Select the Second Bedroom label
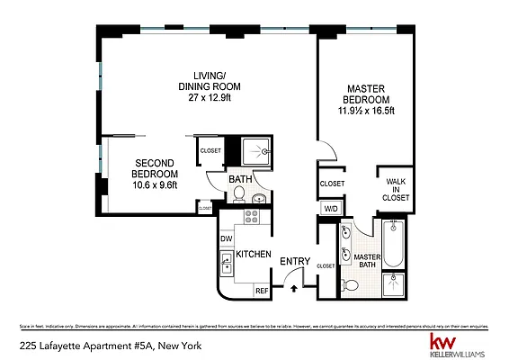(155, 167)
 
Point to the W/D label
(330, 211)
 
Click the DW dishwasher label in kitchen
(227, 238)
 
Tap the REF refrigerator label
(262, 290)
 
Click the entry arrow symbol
(295, 288)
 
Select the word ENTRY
(295, 263)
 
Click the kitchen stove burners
(252, 217)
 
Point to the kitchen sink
(227, 264)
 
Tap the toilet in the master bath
(352, 284)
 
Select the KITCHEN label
(254, 255)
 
